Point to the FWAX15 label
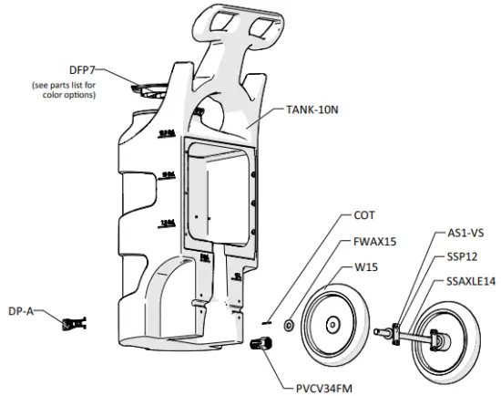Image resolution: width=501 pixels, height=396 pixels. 376,243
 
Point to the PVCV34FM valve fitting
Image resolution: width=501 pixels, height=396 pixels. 261,346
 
